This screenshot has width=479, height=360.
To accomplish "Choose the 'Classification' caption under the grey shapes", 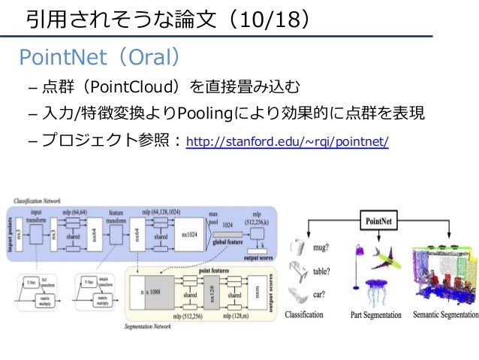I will point(304,316).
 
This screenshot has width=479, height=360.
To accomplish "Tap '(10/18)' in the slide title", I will point(263,18).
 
